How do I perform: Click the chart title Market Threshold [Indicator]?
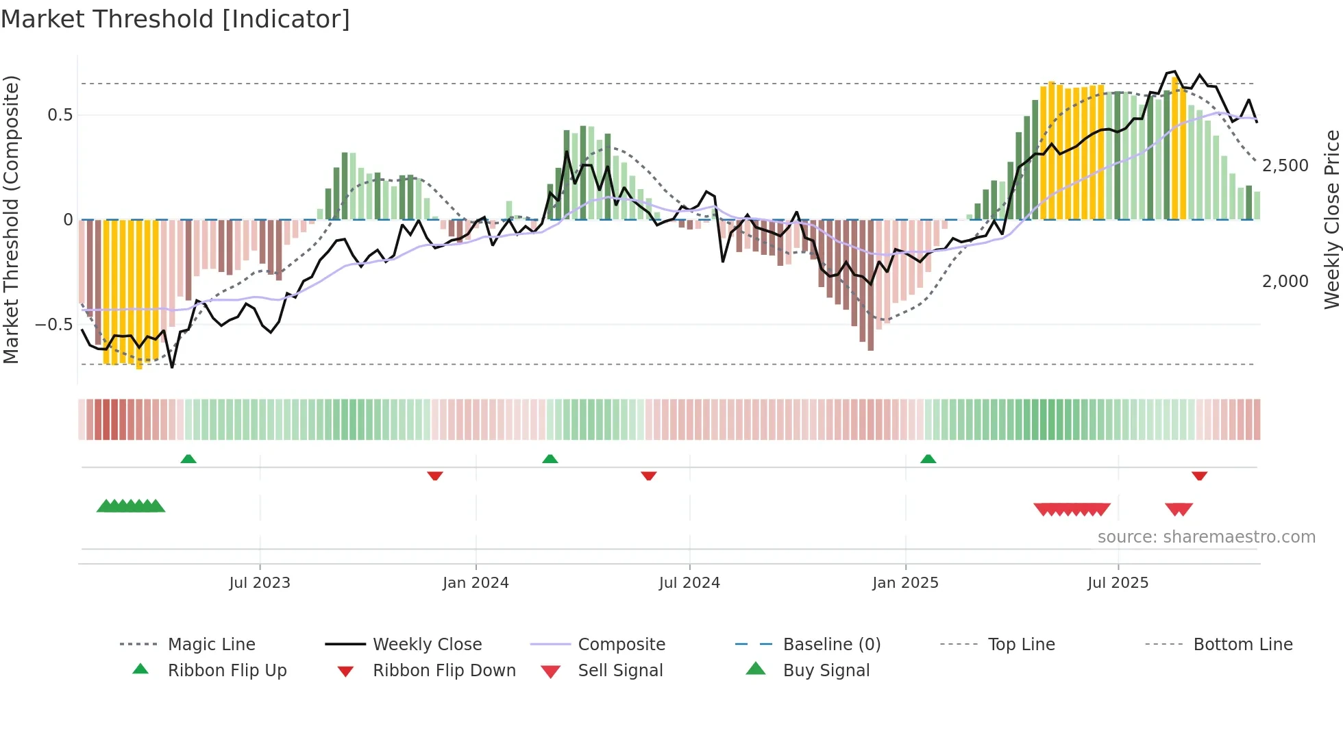tap(175, 19)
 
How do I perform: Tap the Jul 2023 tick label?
tap(260, 583)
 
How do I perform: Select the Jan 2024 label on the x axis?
tap(476, 583)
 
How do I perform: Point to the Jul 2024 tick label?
tap(689, 583)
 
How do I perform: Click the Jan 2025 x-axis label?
tap(905, 583)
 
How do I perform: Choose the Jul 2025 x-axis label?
tap(1118, 583)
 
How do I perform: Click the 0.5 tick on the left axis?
tap(60, 115)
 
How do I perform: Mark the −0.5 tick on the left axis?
tap(54, 325)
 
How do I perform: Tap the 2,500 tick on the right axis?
tap(1285, 166)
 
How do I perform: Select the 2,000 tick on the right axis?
tap(1285, 282)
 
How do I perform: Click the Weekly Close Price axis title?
tap(1331, 219)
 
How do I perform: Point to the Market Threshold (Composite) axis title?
tap(11, 219)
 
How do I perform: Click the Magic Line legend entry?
tap(211, 645)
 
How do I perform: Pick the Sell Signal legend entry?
tap(620, 671)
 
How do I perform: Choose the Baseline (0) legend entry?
tap(831, 645)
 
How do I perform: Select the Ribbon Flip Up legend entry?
tap(227, 671)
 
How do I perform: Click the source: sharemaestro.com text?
tap(1206, 537)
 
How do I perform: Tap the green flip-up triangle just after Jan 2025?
tap(928, 459)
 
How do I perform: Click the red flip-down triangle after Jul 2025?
tap(1199, 475)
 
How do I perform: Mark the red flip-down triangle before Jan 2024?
tap(435, 475)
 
